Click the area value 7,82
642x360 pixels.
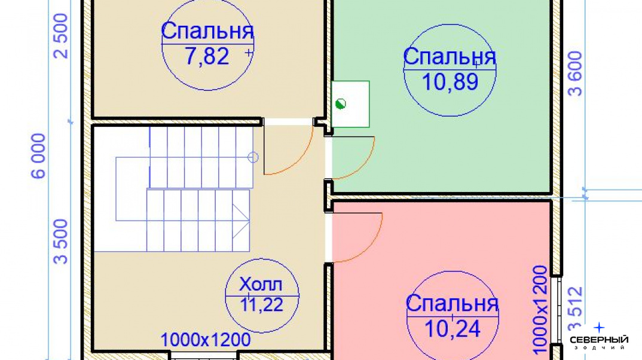207,56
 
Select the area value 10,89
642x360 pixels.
450,82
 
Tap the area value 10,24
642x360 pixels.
453,328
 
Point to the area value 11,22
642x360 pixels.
261,305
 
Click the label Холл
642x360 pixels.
261,284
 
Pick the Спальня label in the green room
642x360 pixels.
450,57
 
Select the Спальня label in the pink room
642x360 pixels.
452,303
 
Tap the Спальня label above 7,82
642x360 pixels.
207,30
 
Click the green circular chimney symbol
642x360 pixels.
341,104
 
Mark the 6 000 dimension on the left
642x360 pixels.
38,156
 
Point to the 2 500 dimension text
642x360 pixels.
61,36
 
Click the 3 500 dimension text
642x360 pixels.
61,241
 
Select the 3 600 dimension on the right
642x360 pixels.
575,74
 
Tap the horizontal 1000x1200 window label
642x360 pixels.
206,340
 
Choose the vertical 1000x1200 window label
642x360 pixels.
540,310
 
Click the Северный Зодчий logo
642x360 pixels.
599,337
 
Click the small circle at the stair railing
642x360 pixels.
253,157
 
